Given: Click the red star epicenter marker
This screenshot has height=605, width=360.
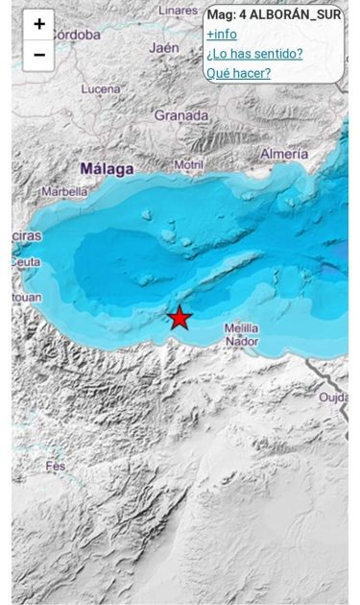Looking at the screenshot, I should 180,317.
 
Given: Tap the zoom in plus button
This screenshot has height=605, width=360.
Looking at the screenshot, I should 38,24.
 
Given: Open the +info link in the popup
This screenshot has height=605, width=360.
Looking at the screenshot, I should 222,35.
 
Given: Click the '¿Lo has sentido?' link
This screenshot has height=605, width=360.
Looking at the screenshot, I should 254,54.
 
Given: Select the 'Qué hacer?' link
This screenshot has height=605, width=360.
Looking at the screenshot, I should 238,73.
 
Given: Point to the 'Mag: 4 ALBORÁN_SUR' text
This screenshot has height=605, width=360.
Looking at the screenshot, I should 274,14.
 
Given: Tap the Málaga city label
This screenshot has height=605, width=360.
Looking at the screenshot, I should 107,169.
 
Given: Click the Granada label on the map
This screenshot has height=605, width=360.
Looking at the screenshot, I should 181,115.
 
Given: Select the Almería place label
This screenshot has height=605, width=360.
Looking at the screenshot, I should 284,154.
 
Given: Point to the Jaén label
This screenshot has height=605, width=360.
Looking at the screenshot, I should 164,47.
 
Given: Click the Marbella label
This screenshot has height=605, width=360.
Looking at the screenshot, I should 64,191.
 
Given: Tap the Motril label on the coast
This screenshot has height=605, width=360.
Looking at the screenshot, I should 188,165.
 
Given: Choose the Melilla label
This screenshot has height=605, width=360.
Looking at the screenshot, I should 241,328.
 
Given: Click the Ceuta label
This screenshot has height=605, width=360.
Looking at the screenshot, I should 28,262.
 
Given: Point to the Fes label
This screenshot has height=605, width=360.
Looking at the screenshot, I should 56,467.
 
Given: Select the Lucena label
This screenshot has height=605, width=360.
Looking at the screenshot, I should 101,89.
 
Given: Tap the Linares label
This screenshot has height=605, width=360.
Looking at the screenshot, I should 178,10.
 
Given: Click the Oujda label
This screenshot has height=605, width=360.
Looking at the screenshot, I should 333,397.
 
